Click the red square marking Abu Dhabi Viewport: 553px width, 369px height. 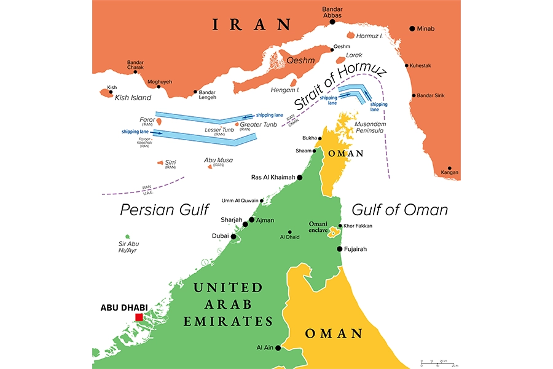139,317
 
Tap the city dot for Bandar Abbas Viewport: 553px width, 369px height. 332,22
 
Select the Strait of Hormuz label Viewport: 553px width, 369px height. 340,87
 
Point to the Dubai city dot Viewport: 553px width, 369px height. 233,236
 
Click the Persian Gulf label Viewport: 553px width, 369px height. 165,210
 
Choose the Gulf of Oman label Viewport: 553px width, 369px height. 399,210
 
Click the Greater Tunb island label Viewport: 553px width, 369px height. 261,124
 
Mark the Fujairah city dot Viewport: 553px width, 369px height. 339,249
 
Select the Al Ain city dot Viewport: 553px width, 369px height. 278,348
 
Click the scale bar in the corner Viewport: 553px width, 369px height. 437,362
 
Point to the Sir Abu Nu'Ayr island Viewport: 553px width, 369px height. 127,237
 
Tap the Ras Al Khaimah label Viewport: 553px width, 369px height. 273,178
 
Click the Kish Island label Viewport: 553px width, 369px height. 133,98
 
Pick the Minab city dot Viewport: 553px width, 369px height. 412,28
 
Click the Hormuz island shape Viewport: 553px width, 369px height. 351,36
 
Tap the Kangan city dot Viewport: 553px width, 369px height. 450,170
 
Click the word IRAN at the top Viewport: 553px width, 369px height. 251,25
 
